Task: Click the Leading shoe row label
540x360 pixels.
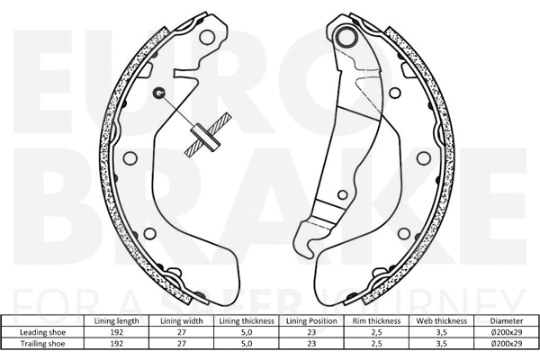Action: [45, 332]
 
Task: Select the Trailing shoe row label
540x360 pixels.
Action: [45, 343]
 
